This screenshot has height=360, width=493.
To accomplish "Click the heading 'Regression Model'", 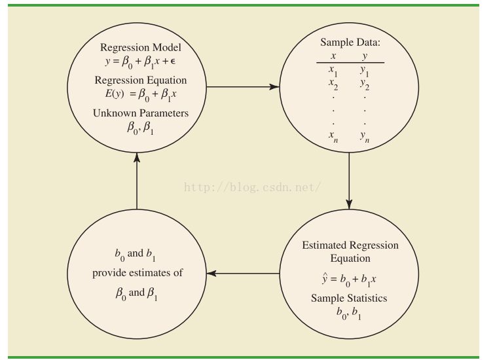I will pos(141,48).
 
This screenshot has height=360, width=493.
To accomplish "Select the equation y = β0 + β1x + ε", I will pos(141,64).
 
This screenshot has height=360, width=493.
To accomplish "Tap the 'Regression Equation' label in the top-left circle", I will pos(141,81).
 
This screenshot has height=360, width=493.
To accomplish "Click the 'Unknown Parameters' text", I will pos(141,113).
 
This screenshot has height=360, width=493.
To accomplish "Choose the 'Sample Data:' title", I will pos(350,42).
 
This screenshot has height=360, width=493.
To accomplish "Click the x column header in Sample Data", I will pos(334,56).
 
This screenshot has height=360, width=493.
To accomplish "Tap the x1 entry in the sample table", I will pos(333,70).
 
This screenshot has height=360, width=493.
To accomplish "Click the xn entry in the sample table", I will pos(334,135).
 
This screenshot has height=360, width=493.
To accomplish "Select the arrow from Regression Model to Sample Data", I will pos(242,86).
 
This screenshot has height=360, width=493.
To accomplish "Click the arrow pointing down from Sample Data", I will pos(349,177).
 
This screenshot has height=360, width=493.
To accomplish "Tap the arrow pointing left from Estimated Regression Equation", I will pos(242,273).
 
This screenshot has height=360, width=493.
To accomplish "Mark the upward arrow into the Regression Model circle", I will pos(137,177).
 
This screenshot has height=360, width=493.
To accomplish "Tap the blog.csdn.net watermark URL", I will pos(252,187).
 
